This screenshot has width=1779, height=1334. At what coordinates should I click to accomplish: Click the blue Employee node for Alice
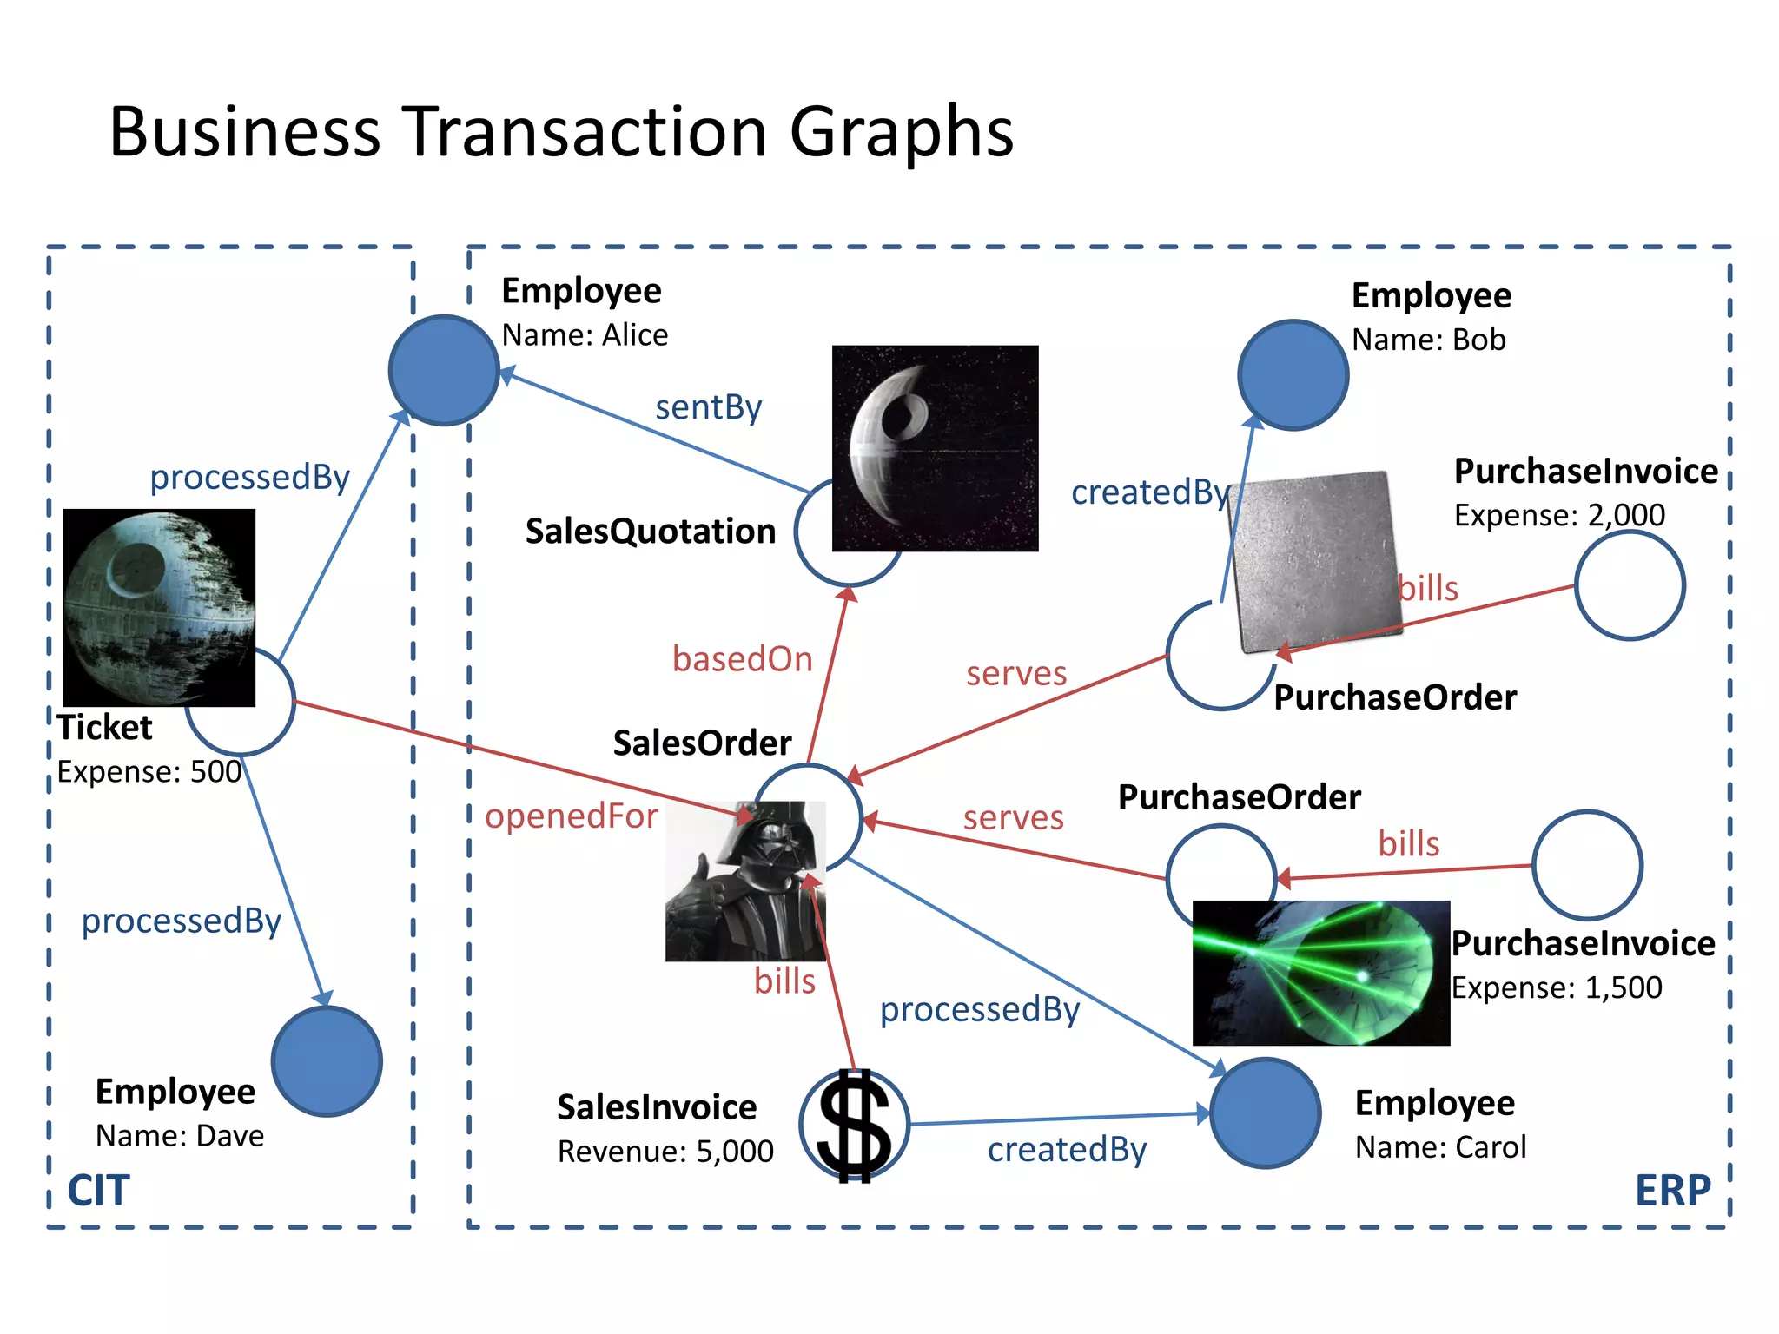pos(443,370)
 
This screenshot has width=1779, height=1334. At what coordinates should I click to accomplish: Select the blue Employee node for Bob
pos(1293,374)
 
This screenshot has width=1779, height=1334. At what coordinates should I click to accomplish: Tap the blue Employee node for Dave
pos(327,1061)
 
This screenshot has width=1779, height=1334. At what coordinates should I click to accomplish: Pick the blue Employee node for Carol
pos(1265,1113)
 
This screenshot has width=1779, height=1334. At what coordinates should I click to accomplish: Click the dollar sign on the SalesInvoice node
pos(854,1126)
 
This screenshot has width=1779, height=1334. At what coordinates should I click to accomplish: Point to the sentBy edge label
pos(708,407)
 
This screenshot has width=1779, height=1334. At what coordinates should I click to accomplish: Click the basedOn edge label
pos(742,659)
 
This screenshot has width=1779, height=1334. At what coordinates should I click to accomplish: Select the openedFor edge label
pos(571,816)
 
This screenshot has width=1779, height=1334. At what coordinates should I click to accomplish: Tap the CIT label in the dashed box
pos(99,1191)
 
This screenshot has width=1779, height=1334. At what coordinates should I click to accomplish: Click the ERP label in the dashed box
pos(1672,1191)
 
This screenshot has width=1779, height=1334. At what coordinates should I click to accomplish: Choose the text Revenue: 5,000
pos(665,1152)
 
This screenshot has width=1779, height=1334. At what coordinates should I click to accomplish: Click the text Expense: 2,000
pos(1559,515)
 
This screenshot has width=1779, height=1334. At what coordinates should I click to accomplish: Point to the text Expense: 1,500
pos(1557,987)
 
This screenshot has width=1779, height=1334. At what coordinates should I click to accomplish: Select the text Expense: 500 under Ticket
pos(149,771)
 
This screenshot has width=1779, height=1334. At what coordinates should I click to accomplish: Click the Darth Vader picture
pos(745,881)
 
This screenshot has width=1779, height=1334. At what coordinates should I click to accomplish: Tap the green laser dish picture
pos(1320,973)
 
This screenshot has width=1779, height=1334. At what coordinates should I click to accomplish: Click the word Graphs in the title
pos(901,132)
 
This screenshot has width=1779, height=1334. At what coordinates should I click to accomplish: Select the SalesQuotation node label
pos(650,532)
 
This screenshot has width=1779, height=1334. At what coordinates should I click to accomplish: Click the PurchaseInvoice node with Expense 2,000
pos(1630,585)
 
